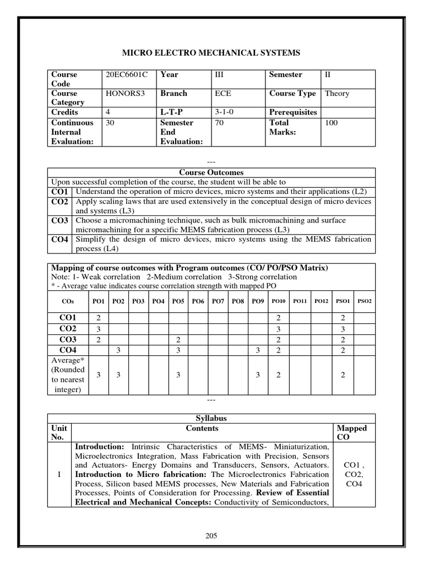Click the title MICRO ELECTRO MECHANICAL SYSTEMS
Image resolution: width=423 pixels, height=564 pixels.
pos(211,53)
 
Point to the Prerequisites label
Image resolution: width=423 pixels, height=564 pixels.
pos(293,112)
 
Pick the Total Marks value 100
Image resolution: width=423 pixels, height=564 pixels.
pos(332,123)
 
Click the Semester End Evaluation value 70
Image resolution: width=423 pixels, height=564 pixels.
pos(219,123)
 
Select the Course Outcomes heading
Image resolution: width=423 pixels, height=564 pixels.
pos(211,172)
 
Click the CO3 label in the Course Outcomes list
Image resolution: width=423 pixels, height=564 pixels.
pos(59,220)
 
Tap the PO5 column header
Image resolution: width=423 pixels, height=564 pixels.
pos(178,301)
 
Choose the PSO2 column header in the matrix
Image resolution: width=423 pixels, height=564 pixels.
pos(365,301)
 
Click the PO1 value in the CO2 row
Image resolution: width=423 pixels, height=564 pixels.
pos(98,329)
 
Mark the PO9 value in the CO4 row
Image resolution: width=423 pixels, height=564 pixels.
pos(258,350)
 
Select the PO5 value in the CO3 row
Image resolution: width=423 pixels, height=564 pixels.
pos(178,340)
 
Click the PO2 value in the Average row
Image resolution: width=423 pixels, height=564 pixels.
pos(118,375)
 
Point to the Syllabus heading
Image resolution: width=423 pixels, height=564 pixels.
pos(211,419)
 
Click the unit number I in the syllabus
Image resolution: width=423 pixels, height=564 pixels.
pos(59,474)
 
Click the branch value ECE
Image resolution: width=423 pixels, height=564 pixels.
pos(223,93)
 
